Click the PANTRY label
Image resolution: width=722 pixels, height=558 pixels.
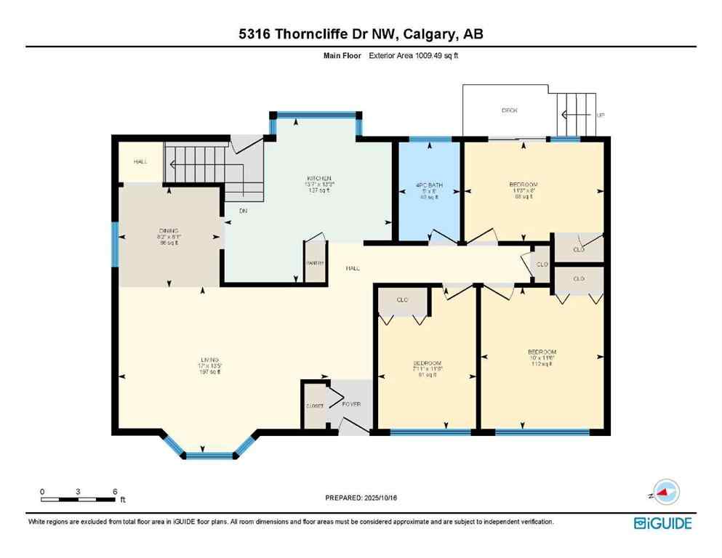pos(314,264)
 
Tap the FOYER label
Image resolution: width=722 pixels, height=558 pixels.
pos(351,404)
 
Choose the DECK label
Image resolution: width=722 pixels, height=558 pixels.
pos(509,110)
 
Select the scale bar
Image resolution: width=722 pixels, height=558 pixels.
pos(79,498)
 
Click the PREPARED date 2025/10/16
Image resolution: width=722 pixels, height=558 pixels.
pos(361,498)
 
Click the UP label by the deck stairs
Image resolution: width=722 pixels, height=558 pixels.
pos(600,116)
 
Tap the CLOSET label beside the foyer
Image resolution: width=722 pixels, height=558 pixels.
pos(314,406)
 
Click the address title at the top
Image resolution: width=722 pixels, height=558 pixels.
pos(361,33)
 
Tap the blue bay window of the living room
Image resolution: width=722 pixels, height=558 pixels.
pos(209,456)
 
